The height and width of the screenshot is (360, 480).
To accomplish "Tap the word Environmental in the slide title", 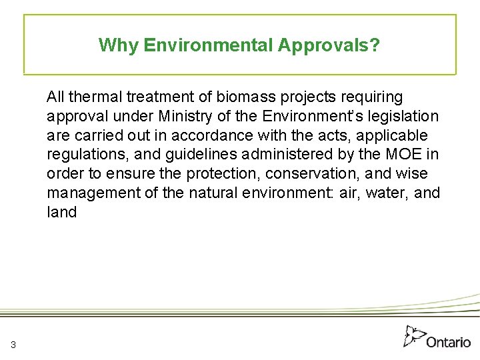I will [x=209, y=45].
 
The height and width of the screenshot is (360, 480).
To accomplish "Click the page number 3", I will [x=13, y=344].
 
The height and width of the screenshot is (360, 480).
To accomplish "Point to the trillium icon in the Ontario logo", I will [x=415, y=335].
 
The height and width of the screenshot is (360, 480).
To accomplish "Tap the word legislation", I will [x=405, y=117].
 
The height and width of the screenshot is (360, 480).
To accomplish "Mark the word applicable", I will [x=394, y=136].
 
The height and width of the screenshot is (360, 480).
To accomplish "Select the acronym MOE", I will [x=398, y=155].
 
